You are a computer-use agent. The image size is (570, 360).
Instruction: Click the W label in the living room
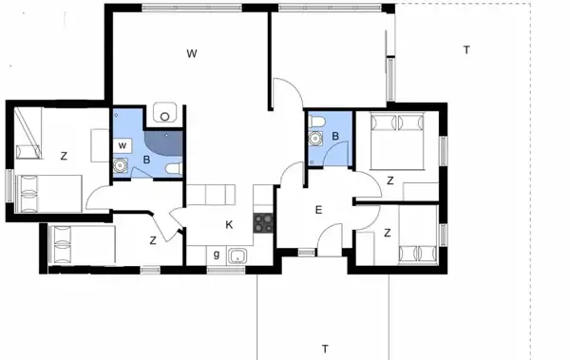[191, 53]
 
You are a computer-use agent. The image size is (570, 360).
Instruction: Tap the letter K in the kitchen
[229, 225]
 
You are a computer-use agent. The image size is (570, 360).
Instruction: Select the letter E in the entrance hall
[319, 211]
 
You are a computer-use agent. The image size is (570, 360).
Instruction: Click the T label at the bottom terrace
[324, 348]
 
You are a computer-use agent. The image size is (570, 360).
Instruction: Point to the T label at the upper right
[466, 49]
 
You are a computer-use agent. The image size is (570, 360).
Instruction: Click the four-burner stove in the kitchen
[263, 223]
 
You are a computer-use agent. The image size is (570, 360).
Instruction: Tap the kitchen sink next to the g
[237, 256]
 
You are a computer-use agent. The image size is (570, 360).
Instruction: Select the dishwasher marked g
[218, 255]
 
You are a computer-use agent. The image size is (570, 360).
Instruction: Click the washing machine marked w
[123, 144]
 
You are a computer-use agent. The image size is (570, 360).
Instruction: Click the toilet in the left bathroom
[172, 168]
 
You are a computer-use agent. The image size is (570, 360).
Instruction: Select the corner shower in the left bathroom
[171, 139]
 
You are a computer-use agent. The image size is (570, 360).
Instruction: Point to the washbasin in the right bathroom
[314, 138]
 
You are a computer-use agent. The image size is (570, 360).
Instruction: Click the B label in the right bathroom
[335, 136]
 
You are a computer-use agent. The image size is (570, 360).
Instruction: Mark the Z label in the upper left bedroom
[63, 155]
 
